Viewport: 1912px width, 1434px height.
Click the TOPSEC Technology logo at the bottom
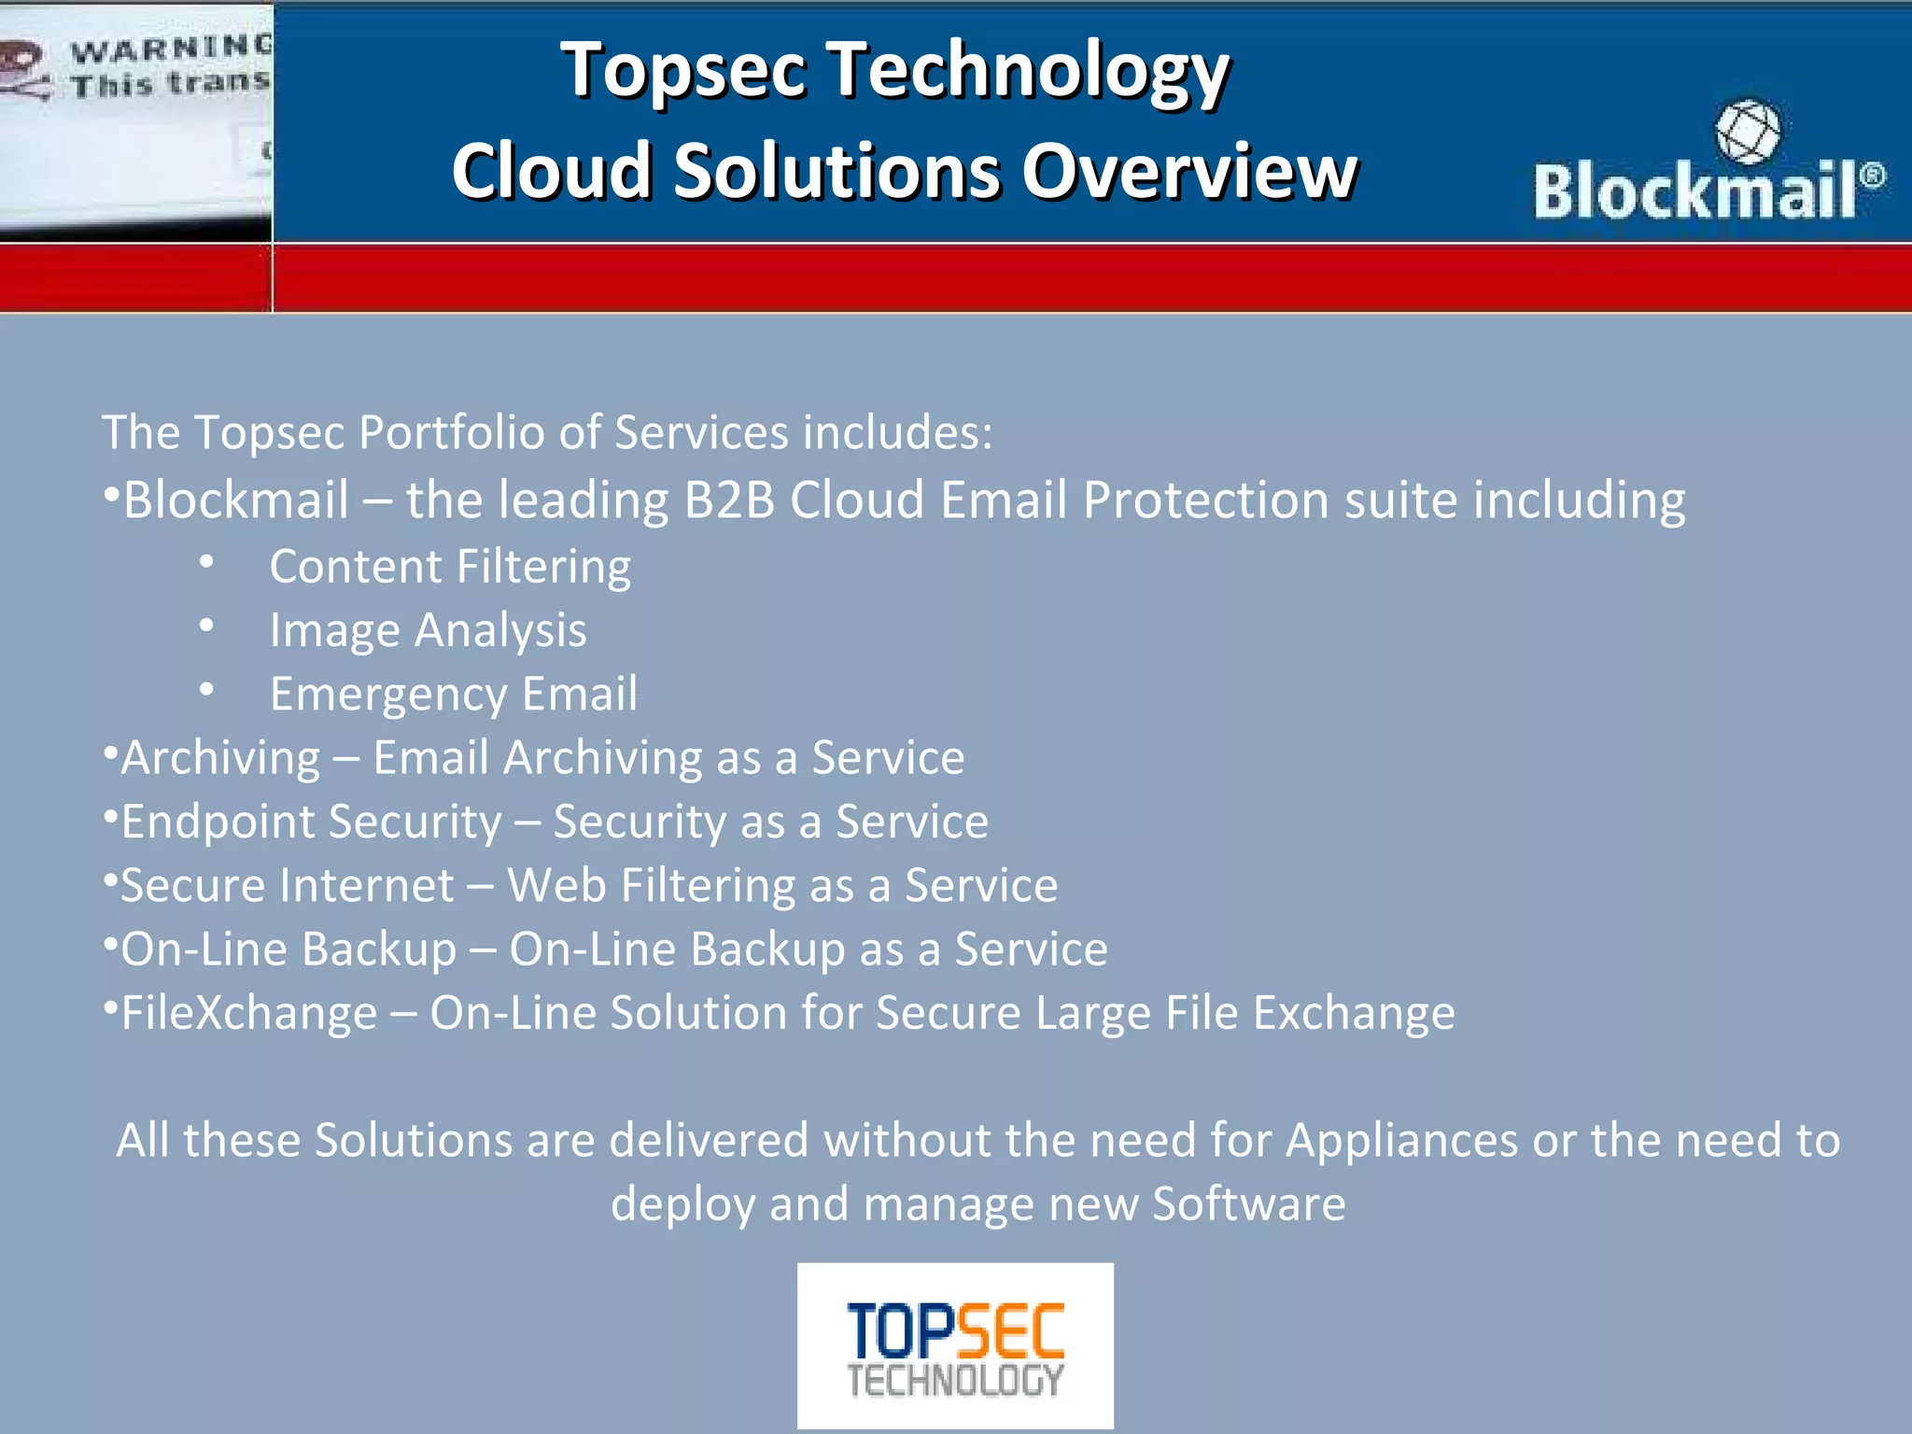pyautogui.click(x=955, y=1346)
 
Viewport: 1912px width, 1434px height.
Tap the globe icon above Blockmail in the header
pyautogui.click(x=1747, y=132)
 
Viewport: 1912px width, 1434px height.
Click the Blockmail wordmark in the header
pyautogui.click(x=1694, y=190)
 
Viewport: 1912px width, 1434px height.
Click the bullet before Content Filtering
pyautogui.click(x=207, y=562)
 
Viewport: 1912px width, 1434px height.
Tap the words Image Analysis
pyautogui.click(x=428, y=630)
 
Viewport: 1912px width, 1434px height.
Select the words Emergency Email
pyautogui.click(x=453, y=694)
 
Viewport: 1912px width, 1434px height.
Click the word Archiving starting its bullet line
pyautogui.click(x=220, y=757)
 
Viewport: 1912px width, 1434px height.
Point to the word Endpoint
pyautogui.click(x=218, y=822)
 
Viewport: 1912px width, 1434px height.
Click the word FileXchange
pyautogui.click(x=249, y=1013)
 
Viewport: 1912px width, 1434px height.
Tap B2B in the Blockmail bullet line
pyautogui.click(x=729, y=499)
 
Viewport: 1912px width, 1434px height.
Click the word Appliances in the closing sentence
pyautogui.click(x=1401, y=1140)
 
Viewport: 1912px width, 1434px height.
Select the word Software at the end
pyautogui.click(x=1248, y=1203)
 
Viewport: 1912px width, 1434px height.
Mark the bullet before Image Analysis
pyautogui.click(x=207, y=626)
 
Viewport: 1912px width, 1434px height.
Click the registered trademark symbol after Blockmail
pyautogui.click(x=1872, y=175)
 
